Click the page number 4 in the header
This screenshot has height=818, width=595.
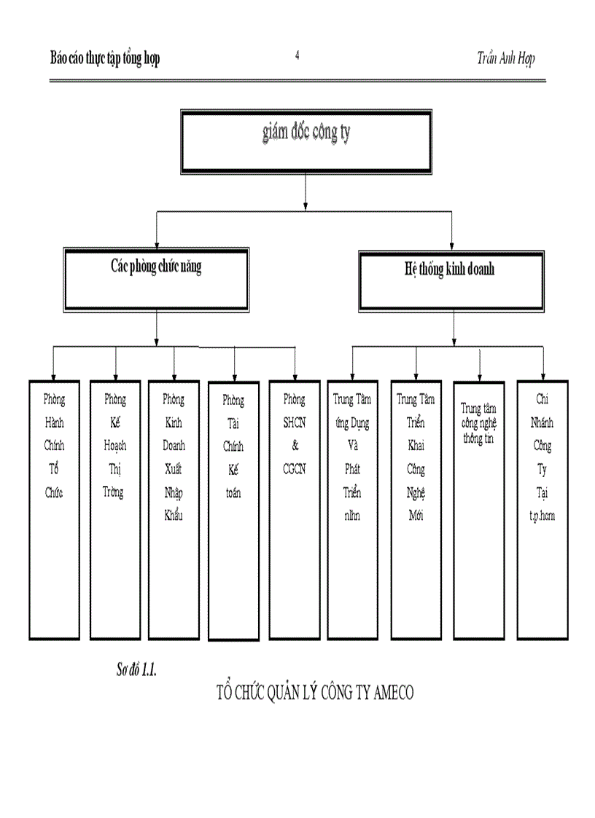pos(297,56)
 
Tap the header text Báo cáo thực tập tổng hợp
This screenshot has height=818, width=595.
pos(105,59)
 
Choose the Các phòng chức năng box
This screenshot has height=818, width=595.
pos(156,279)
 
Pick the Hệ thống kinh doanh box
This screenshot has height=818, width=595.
pos(451,280)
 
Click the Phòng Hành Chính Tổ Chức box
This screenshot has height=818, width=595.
pos(53,510)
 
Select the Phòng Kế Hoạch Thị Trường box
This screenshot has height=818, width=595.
pos(114,510)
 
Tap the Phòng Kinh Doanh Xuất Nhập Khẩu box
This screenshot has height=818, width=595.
pos(174,510)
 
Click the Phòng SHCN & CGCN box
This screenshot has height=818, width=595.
pos(295,510)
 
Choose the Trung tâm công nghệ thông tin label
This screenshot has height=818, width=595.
pos(478,424)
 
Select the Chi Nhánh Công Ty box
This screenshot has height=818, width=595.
pos(542,510)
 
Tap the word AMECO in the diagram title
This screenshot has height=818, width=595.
pos(392,692)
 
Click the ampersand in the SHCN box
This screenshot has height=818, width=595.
pos(295,446)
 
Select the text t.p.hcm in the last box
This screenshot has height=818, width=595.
pos(542,515)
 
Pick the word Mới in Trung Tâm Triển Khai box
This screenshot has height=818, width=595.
pos(416,516)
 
